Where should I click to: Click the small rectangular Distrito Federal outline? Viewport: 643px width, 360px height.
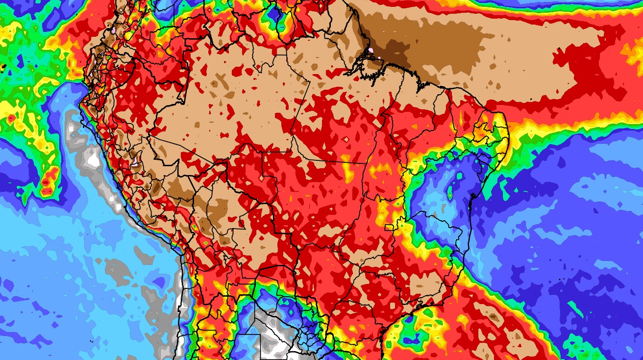[389, 227]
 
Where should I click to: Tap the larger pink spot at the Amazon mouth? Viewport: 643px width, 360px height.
[371, 50]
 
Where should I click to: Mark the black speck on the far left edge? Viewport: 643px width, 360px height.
[2, 65]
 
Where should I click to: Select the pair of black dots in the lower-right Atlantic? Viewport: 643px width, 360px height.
[560, 280]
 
